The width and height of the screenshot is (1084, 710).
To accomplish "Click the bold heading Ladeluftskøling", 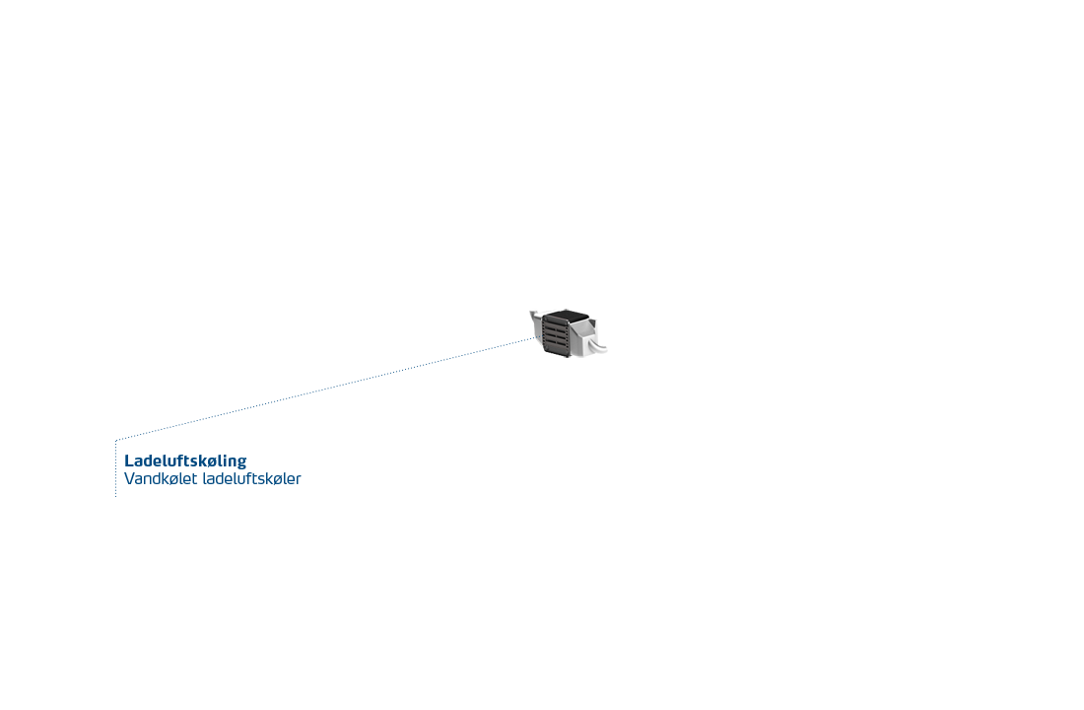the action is coord(185,461).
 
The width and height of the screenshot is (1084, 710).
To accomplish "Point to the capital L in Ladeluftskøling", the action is coord(128,461).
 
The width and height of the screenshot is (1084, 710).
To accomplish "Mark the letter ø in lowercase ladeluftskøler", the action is coord(280,480).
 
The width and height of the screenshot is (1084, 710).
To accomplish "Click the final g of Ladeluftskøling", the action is coord(241,463).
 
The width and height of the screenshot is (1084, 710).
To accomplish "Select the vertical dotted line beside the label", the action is coord(115,468).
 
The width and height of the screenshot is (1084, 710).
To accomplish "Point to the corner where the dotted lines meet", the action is coord(115,440).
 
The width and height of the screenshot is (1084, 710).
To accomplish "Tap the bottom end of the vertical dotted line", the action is coord(115,497).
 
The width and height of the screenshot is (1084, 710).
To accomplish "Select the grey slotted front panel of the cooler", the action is coord(556,336).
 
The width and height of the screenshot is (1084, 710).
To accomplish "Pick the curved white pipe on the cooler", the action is coord(597,345).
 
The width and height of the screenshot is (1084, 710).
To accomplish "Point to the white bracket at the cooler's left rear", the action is coord(536,319).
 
